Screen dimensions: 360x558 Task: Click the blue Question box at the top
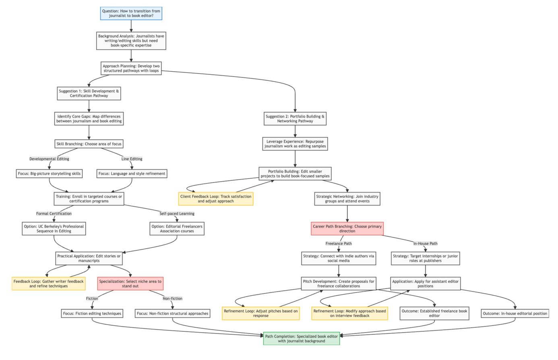coord(131,14)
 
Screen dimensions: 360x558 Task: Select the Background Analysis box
coord(131,41)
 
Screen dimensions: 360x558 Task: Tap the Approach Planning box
coord(131,68)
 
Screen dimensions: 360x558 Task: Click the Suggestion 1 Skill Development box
coord(89,93)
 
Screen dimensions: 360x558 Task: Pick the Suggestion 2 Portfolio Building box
coord(295,119)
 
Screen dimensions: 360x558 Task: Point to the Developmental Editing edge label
coord(49,159)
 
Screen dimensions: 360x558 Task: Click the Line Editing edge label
coord(132,159)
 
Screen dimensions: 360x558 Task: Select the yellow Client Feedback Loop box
coord(216,199)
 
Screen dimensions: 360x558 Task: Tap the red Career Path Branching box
coord(347,229)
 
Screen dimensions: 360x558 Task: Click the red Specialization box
coord(130,284)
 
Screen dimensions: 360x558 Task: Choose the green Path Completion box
coord(301,339)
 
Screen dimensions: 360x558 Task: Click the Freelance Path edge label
coord(339,244)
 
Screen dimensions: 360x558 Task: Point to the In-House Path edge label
coord(425,244)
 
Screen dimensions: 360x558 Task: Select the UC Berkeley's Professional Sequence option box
coord(54,229)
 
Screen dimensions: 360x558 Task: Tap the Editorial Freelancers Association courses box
coord(177,229)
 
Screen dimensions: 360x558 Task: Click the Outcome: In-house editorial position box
coord(515,313)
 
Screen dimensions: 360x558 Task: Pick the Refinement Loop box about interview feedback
coord(349,313)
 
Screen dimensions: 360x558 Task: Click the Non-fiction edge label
coord(172,299)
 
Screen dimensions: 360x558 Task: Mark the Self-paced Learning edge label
coord(177,214)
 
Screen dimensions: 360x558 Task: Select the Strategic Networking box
coord(347,199)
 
